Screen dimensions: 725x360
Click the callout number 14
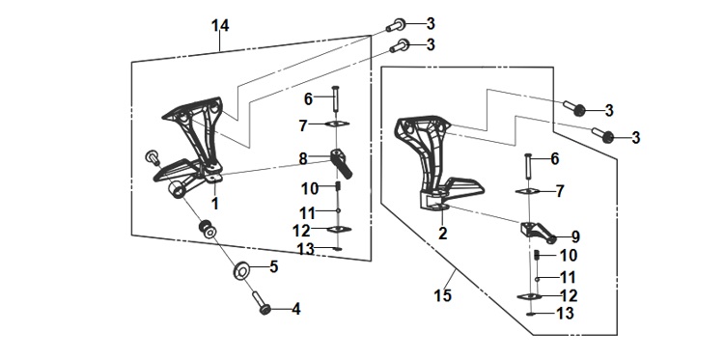point(220,26)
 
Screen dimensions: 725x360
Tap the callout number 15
point(442,295)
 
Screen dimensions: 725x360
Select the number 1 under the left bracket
point(215,203)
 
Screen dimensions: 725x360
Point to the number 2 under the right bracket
point(442,234)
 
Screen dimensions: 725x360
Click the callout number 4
point(296,309)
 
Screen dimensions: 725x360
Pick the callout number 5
point(274,266)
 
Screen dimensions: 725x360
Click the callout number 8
point(303,159)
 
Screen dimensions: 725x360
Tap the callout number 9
point(575,237)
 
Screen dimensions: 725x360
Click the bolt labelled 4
point(261,303)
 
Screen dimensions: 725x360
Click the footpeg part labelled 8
point(341,163)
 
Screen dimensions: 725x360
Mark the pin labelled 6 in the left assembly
point(335,98)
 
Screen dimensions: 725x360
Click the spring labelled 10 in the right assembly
point(537,255)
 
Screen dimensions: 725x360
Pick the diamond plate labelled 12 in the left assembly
point(339,229)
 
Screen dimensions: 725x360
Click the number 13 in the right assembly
point(565,314)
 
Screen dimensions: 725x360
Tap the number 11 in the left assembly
point(307,213)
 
